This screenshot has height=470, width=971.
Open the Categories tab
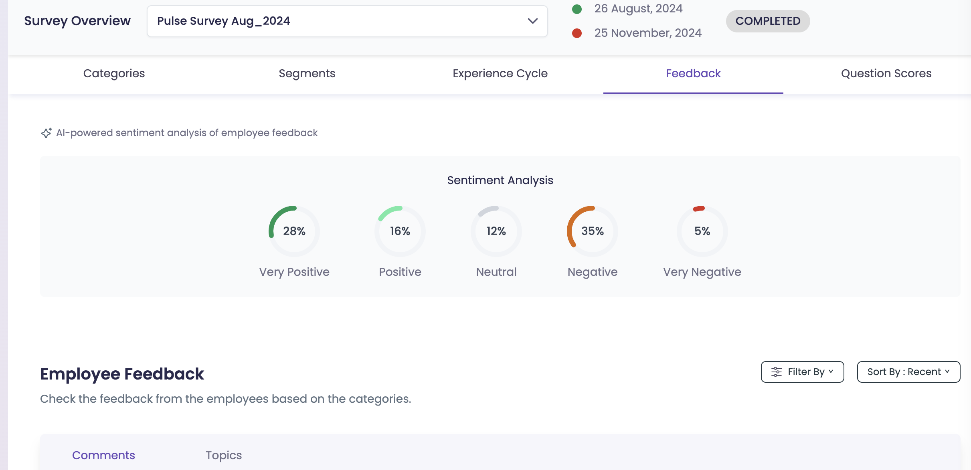pos(114,73)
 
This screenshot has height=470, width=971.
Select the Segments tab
pos(307,73)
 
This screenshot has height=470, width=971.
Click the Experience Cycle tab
pos(500,73)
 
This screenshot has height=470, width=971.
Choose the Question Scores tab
pos(886,73)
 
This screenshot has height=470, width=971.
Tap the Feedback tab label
pos(693,73)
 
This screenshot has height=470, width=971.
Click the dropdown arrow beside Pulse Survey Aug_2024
pos(532,21)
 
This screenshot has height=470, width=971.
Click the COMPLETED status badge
pos(768,21)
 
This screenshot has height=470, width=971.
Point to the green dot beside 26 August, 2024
pos(577,9)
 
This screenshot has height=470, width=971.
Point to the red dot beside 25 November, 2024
pos(577,33)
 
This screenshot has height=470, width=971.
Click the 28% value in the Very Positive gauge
pos(294,231)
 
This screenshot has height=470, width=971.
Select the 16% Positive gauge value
pos(400,231)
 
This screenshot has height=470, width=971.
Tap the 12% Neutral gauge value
pos(496,231)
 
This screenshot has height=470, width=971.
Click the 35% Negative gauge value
pos(593,231)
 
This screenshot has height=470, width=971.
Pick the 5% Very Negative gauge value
pos(702,231)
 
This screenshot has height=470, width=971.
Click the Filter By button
pos(802,372)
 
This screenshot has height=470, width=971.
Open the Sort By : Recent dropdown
pos(908,372)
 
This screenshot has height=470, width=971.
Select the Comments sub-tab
pos(103,455)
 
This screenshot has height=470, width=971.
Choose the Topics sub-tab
pos(224,455)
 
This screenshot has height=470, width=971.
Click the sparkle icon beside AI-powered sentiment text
pos(46,133)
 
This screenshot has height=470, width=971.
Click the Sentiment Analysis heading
pos(500,180)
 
